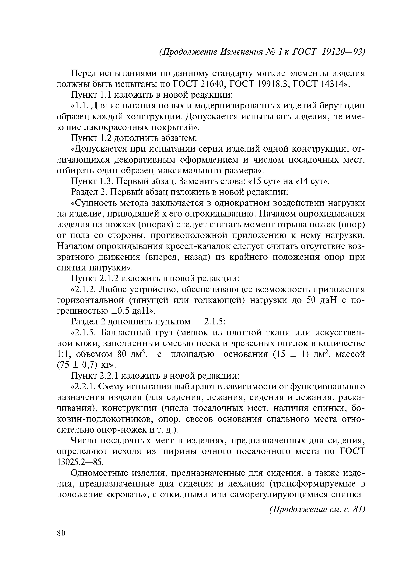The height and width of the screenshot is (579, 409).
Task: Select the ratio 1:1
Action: [x=63, y=354]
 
